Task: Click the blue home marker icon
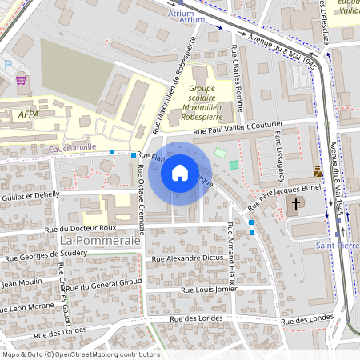pos(179,173)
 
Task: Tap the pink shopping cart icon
pos(21,79)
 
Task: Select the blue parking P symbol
pos(8,64)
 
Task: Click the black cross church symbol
pos(295,203)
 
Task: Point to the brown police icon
pos(318,170)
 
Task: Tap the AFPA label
pos(29,114)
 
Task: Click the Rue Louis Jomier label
pos(209,290)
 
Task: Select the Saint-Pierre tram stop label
pos(336,245)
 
